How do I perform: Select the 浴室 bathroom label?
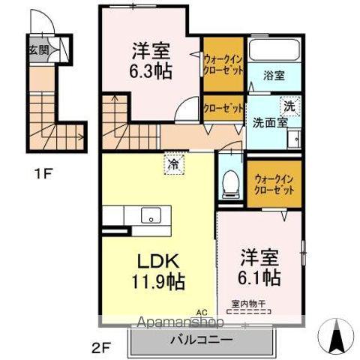click(x=273, y=75)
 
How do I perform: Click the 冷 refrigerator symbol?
click(x=173, y=163)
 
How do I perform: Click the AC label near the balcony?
click(x=201, y=312)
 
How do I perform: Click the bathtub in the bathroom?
click(x=274, y=51)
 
